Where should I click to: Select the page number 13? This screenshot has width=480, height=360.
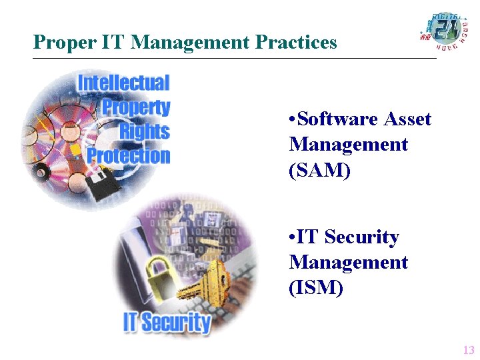point(468,350)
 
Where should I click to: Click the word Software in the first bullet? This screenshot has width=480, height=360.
point(337,119)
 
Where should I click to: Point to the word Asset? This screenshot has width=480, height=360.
point(408,119)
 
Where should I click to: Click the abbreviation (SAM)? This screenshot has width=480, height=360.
point(319,170)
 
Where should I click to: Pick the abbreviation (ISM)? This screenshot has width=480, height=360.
point(316,288)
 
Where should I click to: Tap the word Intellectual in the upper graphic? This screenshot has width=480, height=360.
point(124,83)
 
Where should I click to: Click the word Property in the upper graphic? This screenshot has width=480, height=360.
point(136,107)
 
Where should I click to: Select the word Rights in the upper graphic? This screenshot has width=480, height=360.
point(145,131)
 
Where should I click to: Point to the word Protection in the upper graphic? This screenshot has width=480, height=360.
point(129,156)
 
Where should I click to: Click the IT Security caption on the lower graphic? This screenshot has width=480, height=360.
point(167,323)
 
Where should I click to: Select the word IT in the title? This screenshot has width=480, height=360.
point(113,43)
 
